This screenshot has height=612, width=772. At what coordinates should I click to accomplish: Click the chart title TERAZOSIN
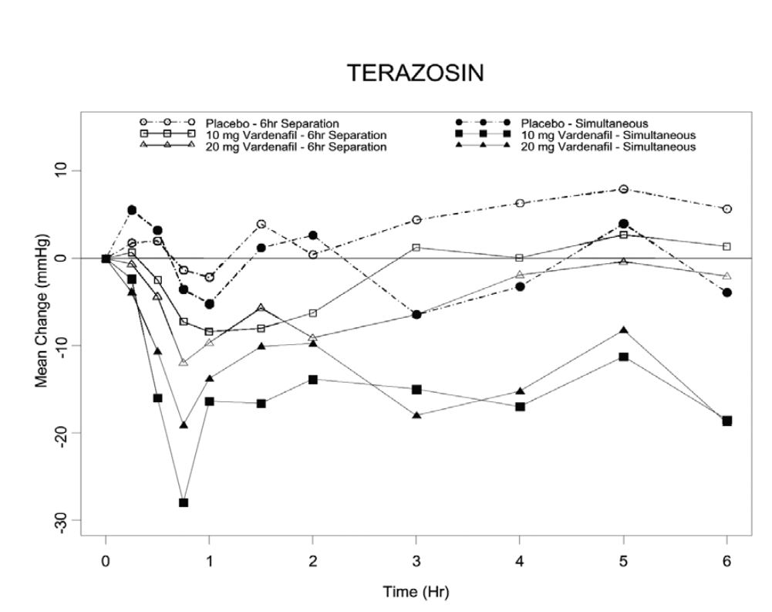tap(416, 74)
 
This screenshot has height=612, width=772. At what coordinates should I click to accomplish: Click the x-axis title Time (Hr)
tap(416, 592)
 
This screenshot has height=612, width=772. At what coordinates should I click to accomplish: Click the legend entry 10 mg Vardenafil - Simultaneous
tap(608, 135)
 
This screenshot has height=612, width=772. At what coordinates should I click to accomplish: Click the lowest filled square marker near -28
tap(184, 502)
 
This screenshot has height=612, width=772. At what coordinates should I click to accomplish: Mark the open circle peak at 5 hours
tap(623, 189)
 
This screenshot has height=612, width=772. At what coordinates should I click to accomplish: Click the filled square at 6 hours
tap(726, 421)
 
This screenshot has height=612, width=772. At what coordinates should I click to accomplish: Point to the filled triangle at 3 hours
tap(416, 415)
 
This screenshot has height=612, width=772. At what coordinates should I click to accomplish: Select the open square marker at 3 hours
tap(416, 248)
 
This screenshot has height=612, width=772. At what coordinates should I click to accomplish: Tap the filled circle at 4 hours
tap(520, 286)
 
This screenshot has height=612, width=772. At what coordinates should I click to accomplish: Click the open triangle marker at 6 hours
tap(726, 276)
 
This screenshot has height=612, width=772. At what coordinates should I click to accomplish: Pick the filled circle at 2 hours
tap(312, 235)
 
